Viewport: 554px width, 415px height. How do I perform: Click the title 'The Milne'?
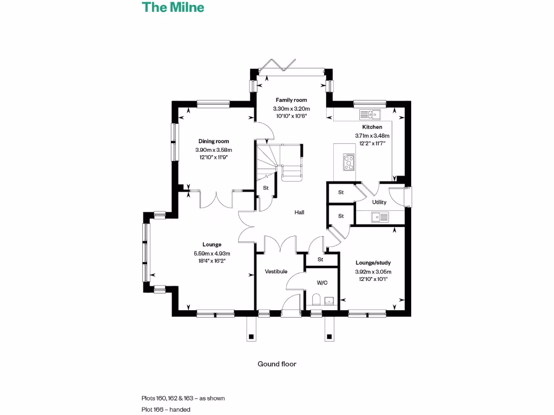pos(173,8)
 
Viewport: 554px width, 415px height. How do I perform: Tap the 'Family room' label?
pos(291,100)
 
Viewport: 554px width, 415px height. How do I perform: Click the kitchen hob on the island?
pos(349,162)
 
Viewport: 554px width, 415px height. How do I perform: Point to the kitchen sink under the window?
pos(371,114)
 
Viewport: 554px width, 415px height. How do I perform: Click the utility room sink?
pos(380,217)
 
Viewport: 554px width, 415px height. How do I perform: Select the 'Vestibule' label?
pos(275,271)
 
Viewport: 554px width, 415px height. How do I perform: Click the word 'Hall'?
pos(299,212)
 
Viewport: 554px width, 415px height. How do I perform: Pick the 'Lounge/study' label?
pos(373,263)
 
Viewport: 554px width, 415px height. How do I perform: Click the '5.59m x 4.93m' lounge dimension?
pos(212,254)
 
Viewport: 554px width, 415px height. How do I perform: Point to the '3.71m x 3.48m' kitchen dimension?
pos(372,136)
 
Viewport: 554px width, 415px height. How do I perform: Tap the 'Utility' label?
pos(379,202)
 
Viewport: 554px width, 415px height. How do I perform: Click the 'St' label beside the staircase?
pos(266,188)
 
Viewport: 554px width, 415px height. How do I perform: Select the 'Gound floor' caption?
pos(277,364)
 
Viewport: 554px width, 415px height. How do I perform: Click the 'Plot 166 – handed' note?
pos(166,410)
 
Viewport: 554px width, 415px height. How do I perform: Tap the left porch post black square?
pos(251,337)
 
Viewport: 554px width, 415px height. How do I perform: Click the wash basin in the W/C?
pos(330,300)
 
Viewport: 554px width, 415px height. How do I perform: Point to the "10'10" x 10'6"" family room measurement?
pos(291,116)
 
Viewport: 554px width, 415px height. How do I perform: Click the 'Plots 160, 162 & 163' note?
pos(183,398)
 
